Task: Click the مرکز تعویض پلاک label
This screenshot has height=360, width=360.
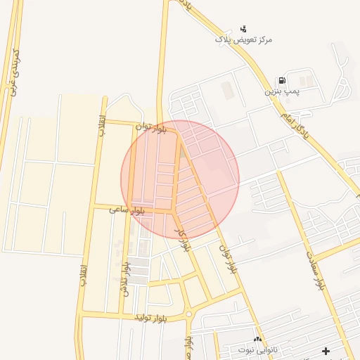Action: [x=243, y=39]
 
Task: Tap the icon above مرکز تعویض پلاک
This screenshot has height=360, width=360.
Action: [x=243, y=28]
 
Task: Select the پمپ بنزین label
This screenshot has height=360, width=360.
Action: [x=282, y=91]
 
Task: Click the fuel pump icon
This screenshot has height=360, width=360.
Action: [x=282, y=81]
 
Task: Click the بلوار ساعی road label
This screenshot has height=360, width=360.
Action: [x=127, y=210]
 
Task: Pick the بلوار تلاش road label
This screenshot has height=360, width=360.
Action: [x=126, y=278]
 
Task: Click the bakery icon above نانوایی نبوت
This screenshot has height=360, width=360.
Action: [x=257, y=339]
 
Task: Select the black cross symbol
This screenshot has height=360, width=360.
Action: [x=326, y=350]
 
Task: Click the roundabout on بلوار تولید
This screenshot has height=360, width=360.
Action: [x=188, y=314]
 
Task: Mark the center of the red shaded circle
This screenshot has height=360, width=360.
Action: [x=180, y=179]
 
